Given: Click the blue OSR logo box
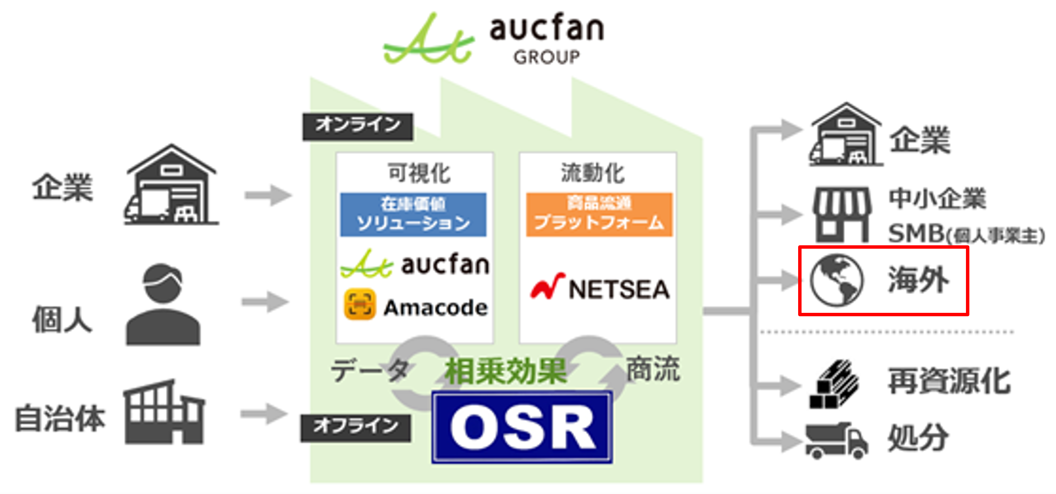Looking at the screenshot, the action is coord(522,427).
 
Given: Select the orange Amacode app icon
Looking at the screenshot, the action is coord(360,304).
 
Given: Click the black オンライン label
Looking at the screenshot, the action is coord(357,126).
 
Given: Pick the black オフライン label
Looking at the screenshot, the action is coord(355,427).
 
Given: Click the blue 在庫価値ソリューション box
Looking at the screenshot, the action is coord(413,214).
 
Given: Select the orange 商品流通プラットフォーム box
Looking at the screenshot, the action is coord(599,214).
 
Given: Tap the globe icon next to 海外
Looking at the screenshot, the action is coord(836,281).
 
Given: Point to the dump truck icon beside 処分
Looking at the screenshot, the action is coord(836,440).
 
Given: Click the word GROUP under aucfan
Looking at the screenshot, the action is coord(546,57).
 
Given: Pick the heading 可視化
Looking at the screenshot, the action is coord(419,173).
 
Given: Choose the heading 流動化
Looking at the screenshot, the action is coord(593,173).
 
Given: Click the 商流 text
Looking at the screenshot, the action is coord(652,369).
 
